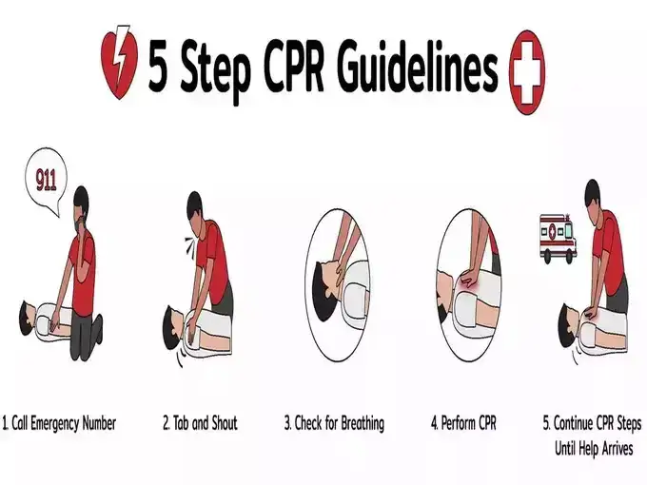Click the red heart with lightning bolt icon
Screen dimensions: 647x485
click(x=119, y=63)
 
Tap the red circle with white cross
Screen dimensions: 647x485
click(x=527, y=72)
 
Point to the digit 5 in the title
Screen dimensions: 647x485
click(x=159, y=66)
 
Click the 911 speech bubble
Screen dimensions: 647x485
click(x=46, y=181)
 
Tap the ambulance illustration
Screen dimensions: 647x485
click(x=558, y=239)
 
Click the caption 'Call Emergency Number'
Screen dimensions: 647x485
click(x=59, y=423)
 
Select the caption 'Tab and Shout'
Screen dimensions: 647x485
click(x=201, y=423)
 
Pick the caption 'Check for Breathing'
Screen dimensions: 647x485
click(x=334, y=423)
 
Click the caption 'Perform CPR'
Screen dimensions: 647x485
click(x=463, y=423)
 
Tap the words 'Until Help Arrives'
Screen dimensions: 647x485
click(x=594, y=448)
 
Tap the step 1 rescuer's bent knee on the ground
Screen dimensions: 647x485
click(x=96, y=326)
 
